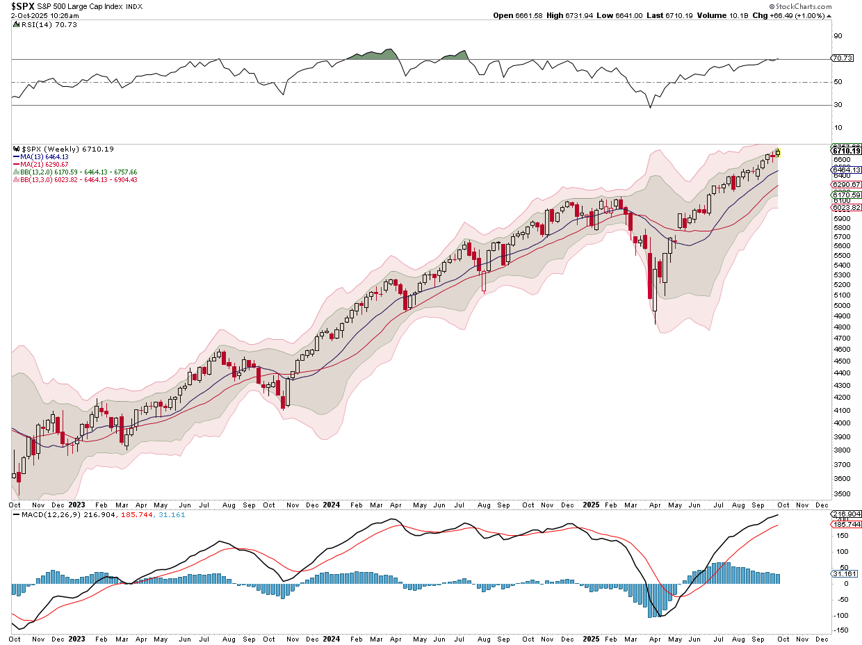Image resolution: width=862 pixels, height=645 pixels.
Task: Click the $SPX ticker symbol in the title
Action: [x=23, y=6]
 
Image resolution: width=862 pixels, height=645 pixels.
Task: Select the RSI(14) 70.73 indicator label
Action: [x=41, y=24]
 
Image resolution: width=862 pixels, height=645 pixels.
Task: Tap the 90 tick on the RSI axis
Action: [x=838, y=36]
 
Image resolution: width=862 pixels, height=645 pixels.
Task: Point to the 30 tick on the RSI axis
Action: [x=838, y=105]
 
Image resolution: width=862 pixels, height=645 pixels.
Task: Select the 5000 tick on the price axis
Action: [x=841, y=305]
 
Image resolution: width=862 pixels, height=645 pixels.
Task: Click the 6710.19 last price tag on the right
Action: [x=846, y=151]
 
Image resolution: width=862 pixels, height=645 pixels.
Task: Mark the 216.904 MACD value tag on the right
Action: [x=846, y=514]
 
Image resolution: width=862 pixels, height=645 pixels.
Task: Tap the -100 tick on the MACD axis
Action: [x=840, y=615]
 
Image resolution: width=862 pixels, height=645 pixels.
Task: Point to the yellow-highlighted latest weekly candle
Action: [x=779, y=152]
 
